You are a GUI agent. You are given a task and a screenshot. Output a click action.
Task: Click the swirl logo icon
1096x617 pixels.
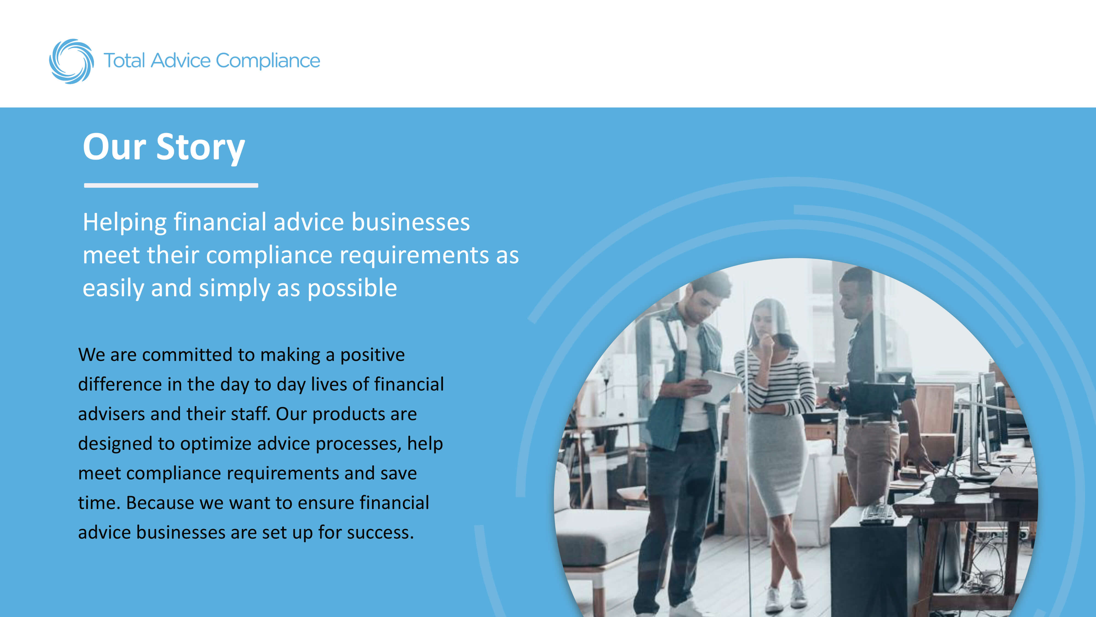[71, 61]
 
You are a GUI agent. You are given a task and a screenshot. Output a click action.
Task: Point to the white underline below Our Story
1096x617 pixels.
[171, 185]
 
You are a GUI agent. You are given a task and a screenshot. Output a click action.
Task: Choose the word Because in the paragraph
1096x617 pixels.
[160, 503]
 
